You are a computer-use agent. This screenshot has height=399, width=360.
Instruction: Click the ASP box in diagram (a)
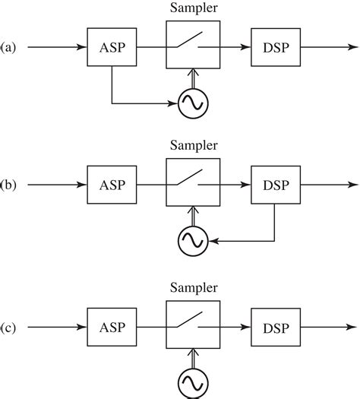pos(112,48)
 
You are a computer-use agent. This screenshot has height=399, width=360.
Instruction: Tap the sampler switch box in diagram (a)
pos(193,47)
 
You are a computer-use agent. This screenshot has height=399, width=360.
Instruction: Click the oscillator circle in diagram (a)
pos(193,103)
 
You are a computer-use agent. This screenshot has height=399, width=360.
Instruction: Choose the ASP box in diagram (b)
pos(112,185)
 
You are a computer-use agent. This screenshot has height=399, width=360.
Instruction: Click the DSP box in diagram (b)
pos(274,185)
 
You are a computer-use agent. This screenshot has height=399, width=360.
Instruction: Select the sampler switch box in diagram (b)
pos(193,184)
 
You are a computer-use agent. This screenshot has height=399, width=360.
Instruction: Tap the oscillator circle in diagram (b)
pos(193,241)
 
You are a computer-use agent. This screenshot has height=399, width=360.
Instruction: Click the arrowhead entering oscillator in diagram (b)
pos(214,241)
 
